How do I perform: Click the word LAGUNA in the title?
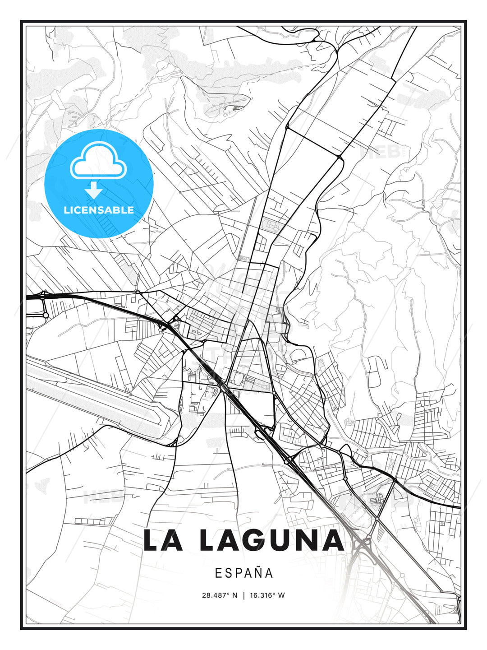pos(271,540)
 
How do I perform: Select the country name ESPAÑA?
pos(244,573)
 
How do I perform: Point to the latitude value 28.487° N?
pos(220,595)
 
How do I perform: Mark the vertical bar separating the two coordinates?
pos(243,595)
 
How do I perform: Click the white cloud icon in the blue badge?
pos(98,160)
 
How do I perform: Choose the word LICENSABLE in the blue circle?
pos(99,210)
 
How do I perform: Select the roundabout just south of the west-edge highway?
pos(45,315)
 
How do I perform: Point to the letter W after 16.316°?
pos(281,595)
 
